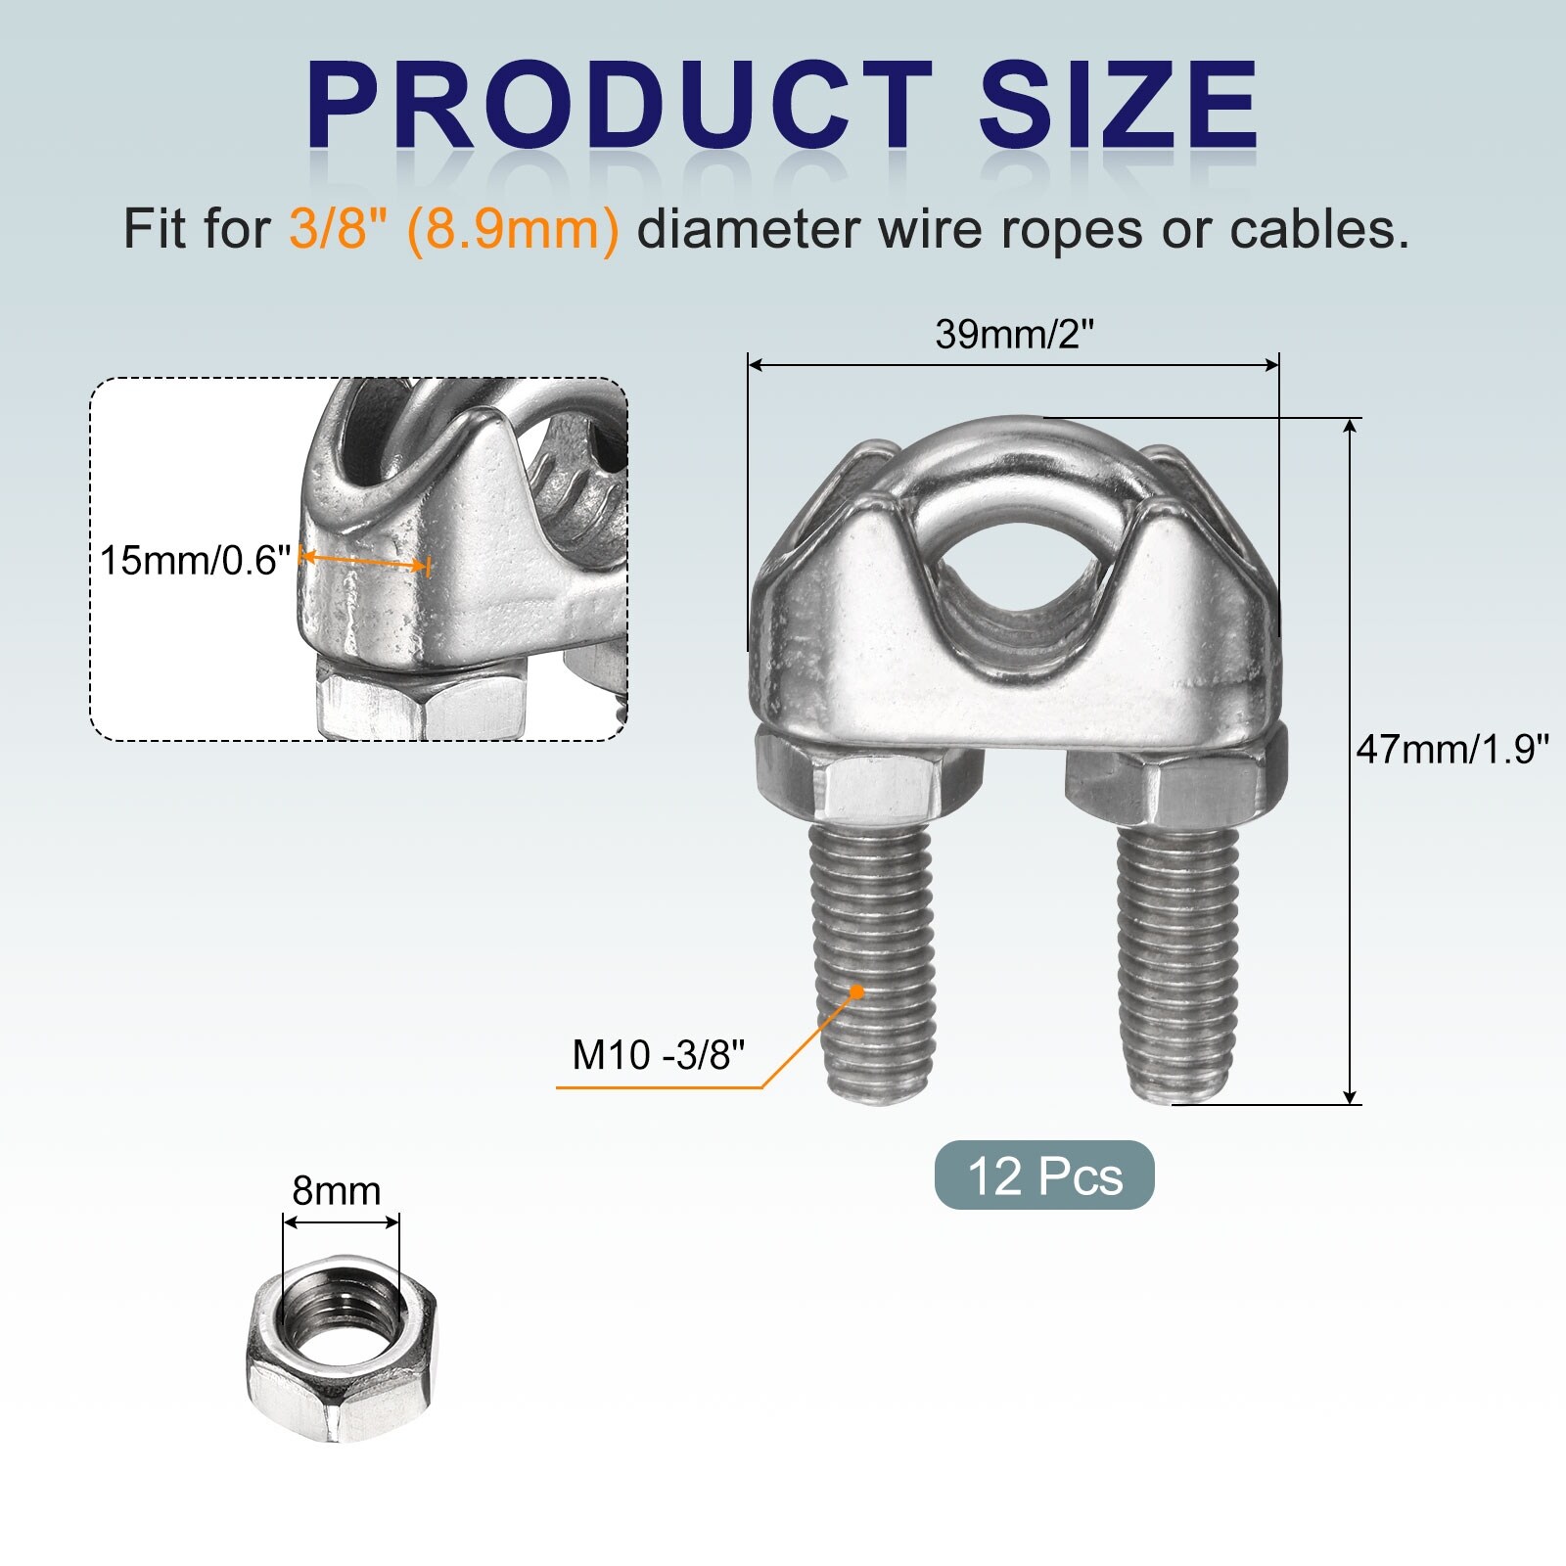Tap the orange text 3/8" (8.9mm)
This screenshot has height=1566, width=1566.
pos(454,230)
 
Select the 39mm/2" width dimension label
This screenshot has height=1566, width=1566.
pos(1013,335)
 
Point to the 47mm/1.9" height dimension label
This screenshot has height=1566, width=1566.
pos(1452,750)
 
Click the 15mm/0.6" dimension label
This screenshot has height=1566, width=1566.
pos(196,561)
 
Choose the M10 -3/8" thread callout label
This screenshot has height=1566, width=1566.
pos(659,1055)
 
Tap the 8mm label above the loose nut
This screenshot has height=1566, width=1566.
pos(337,1191)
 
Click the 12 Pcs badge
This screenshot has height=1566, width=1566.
pos(1044,1175)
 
